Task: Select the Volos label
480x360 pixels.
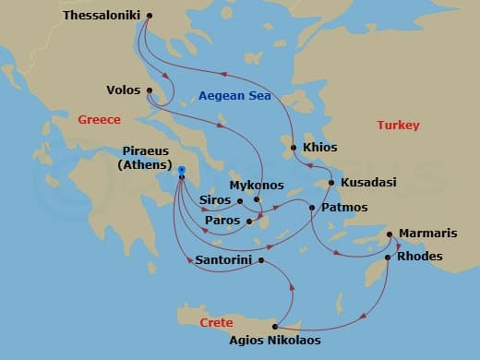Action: [124, 90]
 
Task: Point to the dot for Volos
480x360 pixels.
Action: [149, 90]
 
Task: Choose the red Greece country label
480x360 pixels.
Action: [99, 120]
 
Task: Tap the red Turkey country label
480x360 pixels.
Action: [399, 125]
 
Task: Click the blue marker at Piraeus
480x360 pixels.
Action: [182, 170]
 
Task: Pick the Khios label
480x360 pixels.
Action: [319, 148]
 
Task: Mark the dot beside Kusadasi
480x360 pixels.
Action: [330, 183]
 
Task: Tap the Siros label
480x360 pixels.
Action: [215, 200]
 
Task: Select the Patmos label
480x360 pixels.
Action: [344, 208]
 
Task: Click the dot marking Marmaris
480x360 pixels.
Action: [389, 234]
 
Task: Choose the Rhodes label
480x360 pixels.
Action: [419, 257]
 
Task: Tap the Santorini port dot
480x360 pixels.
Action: [261, 260]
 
